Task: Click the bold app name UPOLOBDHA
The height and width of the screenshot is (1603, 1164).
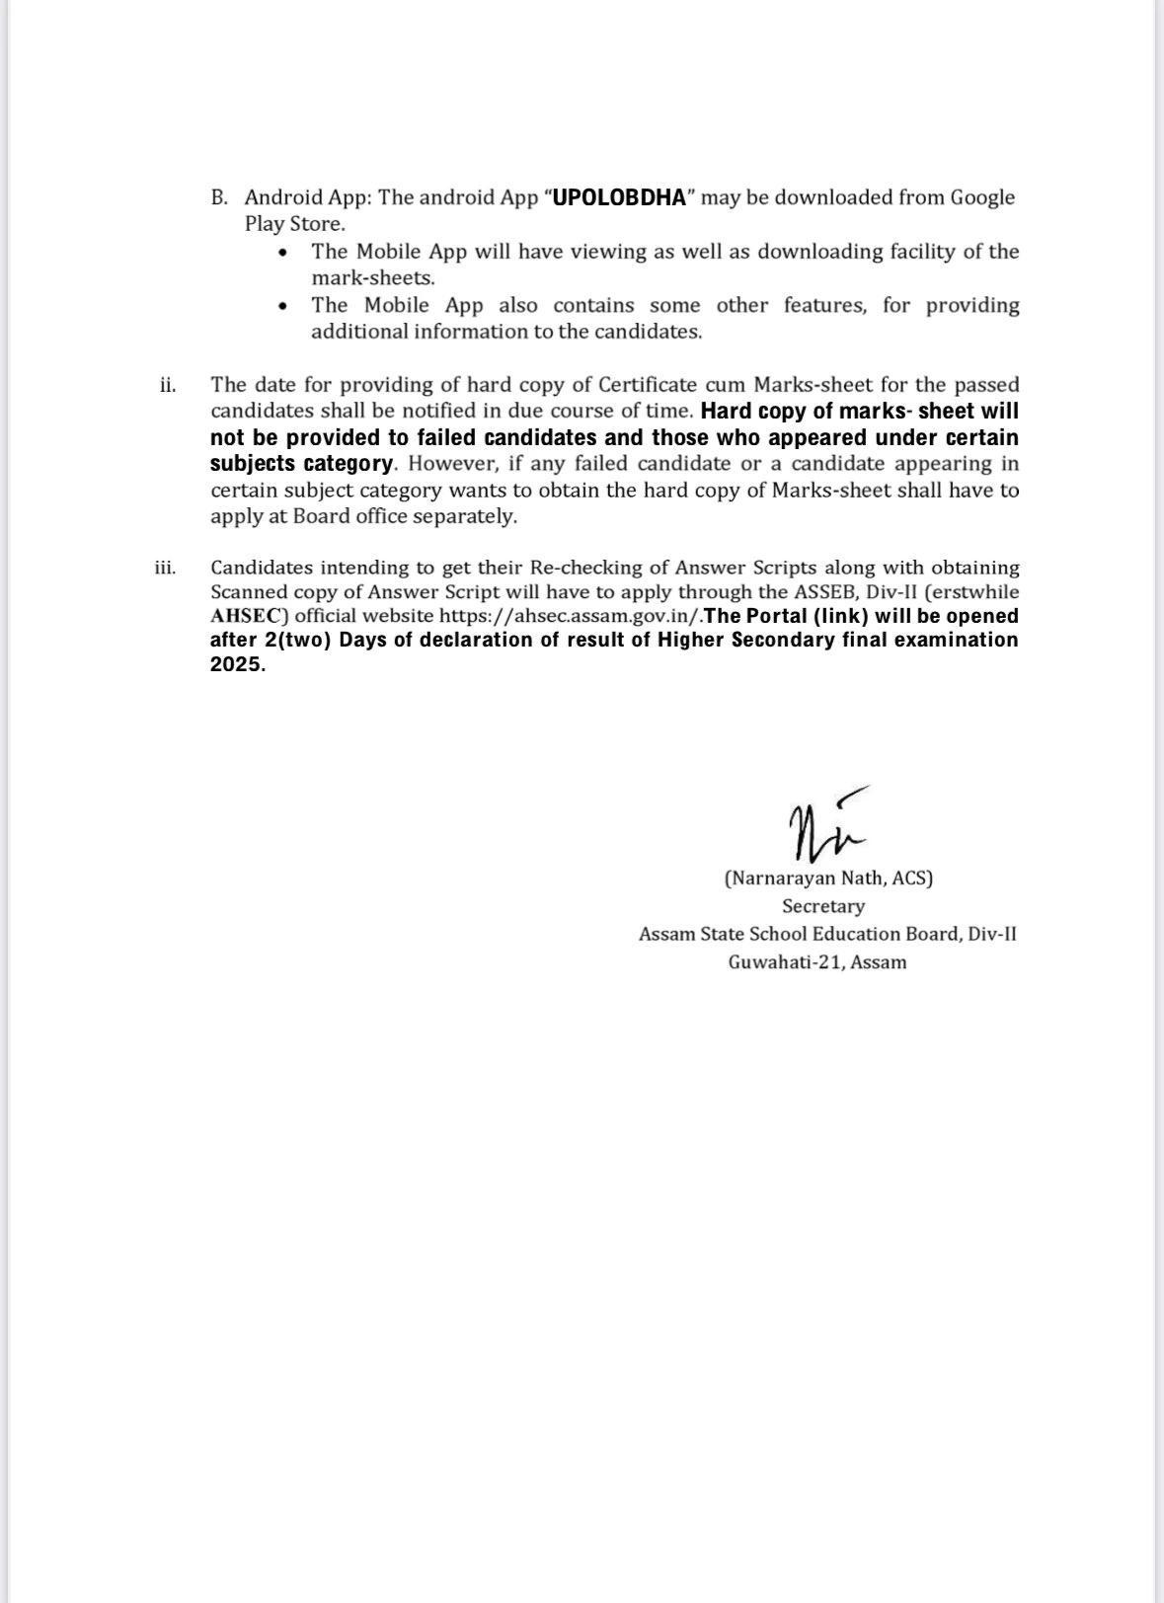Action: [618, 197]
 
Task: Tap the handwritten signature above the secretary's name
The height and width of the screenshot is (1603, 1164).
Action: [825, 821]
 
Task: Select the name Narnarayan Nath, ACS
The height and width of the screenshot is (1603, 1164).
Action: [828, 878]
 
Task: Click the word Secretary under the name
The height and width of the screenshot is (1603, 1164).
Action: [823, 906]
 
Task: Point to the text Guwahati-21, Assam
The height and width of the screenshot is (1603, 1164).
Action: [817, 962]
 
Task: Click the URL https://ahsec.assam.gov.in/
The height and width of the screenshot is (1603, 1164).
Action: [571, 616]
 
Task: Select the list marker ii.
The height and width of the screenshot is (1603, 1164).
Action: [168, 385]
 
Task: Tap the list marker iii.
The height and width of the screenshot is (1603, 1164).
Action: [165, 568]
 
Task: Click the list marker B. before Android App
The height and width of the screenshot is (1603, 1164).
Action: [219, 197]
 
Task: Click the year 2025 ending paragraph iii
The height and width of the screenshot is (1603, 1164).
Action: [237, 664]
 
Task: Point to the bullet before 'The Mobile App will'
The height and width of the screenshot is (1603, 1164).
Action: [284, 253]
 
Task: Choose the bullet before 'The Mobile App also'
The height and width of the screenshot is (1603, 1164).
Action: [284, 306]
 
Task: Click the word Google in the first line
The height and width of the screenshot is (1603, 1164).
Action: [982, 197]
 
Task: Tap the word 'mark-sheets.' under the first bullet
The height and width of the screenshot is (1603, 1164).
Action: [373, 278]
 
